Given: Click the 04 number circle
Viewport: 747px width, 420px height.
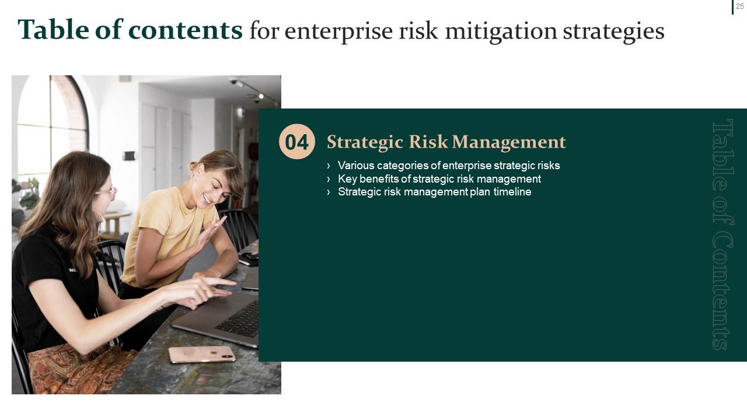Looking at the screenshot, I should tap(297, 142).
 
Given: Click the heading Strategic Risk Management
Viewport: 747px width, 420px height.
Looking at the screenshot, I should tap(446, 142).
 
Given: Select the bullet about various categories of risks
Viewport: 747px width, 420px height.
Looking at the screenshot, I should tap(448, 165).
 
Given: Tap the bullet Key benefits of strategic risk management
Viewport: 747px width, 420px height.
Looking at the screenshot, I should tap(439, 178).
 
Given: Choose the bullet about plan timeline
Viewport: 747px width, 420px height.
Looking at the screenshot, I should tap(434, 192).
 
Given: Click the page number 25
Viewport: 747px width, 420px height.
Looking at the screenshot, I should tap(739, 6).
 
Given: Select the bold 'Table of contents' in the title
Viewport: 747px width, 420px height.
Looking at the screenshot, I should tap(130, 30).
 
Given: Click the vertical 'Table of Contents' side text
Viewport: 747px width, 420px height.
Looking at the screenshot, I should tap(722, 234).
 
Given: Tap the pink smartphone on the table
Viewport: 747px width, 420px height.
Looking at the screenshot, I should tap(201, 354).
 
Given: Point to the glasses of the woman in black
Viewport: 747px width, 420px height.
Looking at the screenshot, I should tap(107, 192).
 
